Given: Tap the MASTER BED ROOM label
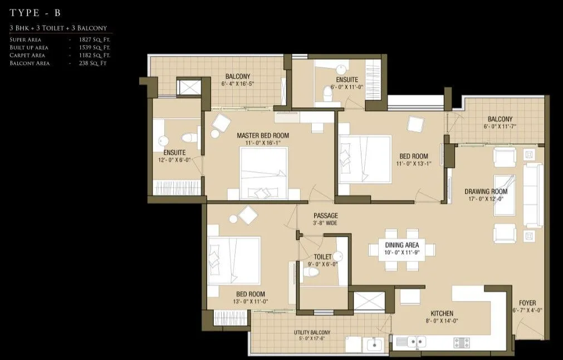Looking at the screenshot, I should tap(263, 135).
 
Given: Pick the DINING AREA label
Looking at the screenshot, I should tap(402, 245).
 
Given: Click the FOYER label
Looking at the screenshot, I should tap(527, 303).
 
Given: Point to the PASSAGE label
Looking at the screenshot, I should tap(325, 216).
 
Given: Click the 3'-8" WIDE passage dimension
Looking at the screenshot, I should tap(325, 223).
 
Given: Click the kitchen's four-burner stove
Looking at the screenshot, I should tap(462, 342).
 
